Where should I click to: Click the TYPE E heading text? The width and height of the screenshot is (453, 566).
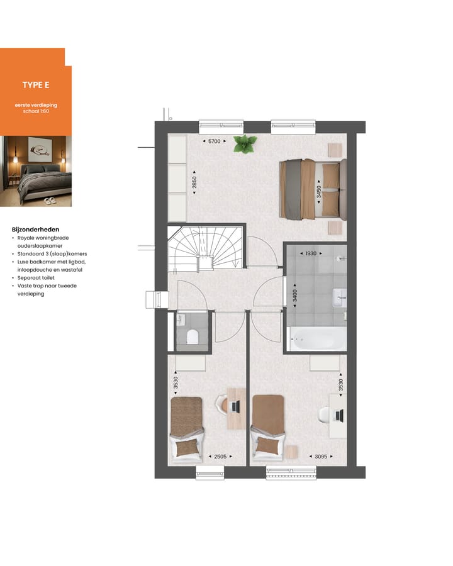(x=36, y=86)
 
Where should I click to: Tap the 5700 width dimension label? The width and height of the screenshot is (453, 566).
(x=215, y=141)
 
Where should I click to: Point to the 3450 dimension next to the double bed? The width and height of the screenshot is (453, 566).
(x=318, y=191)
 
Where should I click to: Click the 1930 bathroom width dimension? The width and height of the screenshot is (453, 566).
(x=310, y=253)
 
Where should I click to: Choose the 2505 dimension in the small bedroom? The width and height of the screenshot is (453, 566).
(x=220, y=456)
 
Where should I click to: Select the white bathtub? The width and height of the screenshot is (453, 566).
(x=316, y=339)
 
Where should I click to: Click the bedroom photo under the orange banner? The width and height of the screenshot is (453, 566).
(x=36, y=171)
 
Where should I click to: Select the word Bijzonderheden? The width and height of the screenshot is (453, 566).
(x=35, y=230)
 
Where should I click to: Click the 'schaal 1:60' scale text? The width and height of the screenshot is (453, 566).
(x=36, y=111)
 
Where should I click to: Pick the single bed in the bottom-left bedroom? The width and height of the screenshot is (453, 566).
(x=187, y=428)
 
